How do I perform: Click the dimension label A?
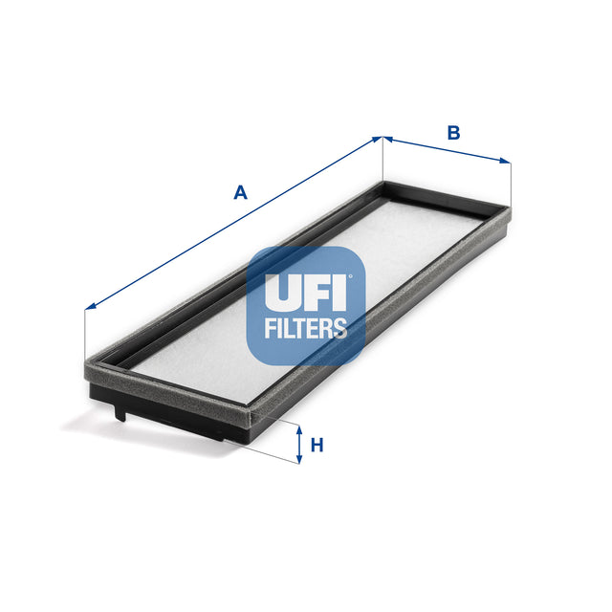coord(241,192)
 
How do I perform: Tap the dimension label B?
coord(454,133)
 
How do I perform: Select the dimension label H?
coord(317,445)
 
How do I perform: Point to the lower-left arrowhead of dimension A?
coord(90,306)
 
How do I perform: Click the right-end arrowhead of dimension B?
coord(506,162)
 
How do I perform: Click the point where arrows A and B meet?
coord(382,138)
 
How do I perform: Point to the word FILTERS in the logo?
coord(306,329)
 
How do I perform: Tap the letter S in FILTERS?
coord(340,329)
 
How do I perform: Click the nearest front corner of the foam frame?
coord(250,413)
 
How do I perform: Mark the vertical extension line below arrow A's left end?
coord(85,335)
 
